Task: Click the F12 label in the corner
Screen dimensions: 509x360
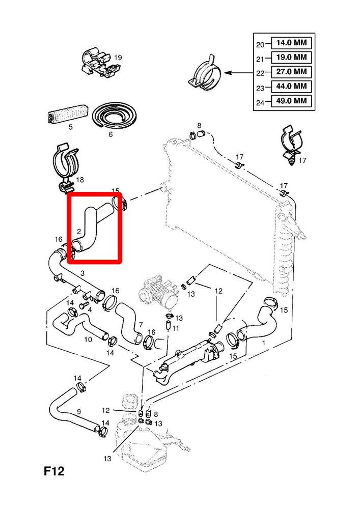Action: click(53, 472)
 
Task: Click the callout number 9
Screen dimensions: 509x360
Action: click(78, 411)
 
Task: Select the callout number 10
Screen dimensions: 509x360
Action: click(88, 339)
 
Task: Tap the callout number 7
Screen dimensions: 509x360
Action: click(141, 325)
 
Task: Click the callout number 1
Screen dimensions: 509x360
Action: click(263, 343)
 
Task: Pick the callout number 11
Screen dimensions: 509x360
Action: click(176, 328)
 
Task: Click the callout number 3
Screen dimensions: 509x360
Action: click(82, 274)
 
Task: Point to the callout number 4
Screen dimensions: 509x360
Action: click(90, 309)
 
